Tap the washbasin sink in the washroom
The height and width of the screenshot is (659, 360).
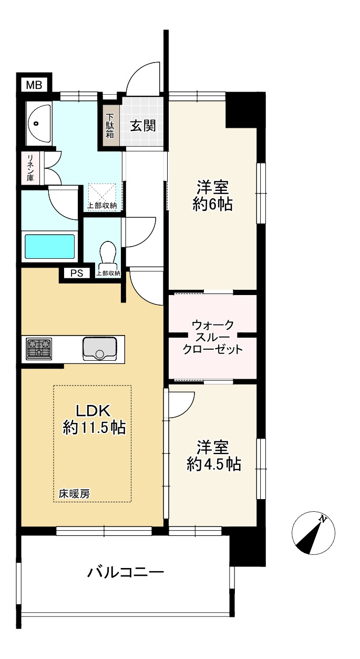click(38, 124)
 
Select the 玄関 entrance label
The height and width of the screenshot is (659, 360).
click(142, 126)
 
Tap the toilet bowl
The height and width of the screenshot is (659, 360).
click(108, 253)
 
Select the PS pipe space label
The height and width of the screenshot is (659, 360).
click(77, 273)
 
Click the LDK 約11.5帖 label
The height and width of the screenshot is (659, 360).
click(94, 420)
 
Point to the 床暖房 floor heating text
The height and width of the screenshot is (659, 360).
click(74, 494)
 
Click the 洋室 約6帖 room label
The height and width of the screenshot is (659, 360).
click(212, 196)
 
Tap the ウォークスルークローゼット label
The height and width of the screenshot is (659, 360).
click(212, 337)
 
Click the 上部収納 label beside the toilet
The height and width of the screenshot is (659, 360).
click(108, 273)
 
